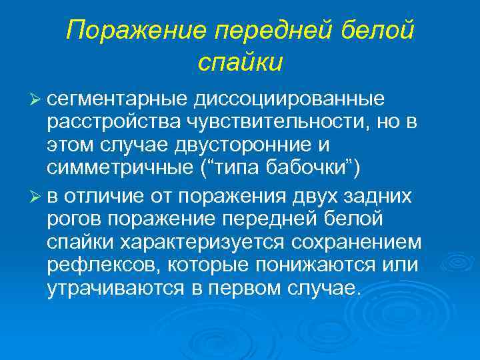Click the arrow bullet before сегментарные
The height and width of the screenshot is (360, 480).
click(37, 100)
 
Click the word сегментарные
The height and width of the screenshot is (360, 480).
click(117, 99)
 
